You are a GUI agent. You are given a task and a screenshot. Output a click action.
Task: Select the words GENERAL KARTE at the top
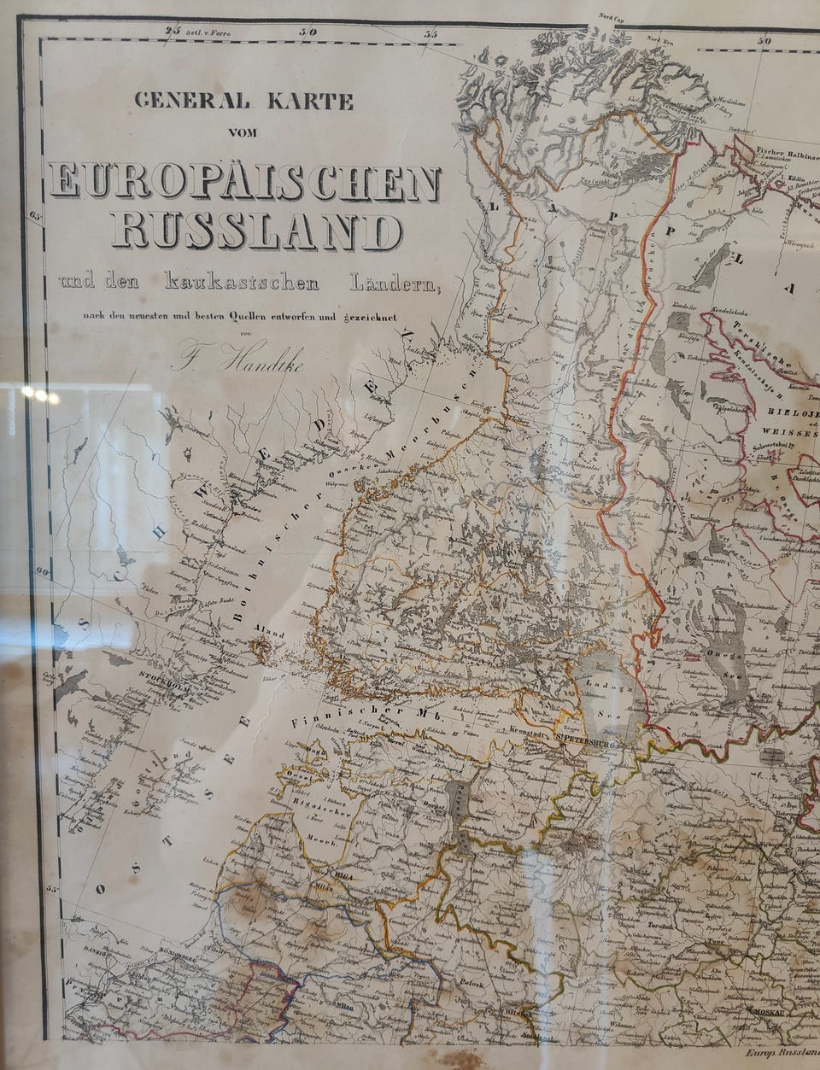244,102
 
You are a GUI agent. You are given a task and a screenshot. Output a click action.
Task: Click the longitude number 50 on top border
765,39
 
